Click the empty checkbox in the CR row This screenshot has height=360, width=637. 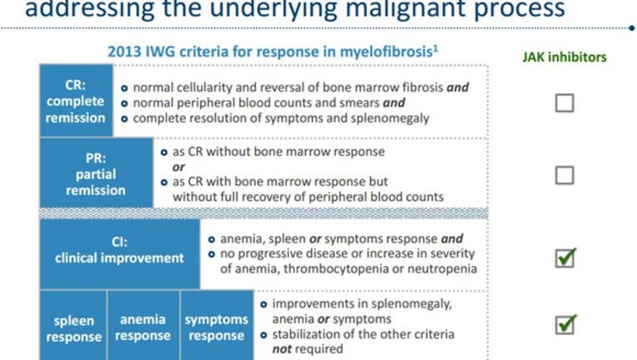564,102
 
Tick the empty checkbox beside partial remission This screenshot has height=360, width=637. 564,175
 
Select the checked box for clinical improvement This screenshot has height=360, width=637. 565,258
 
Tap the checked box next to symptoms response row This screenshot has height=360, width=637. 565,325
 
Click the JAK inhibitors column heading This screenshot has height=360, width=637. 564,57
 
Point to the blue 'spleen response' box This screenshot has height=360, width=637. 73,325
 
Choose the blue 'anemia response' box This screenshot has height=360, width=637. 143,325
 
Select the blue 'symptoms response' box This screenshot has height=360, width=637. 217,325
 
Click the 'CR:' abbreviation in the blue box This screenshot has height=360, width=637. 76,85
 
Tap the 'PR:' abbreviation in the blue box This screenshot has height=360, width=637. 96,158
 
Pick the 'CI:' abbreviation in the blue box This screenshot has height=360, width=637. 119,242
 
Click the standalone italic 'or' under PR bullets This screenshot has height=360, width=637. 178,167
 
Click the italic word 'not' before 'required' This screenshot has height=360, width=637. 282,349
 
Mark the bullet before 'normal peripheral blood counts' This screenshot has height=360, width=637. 124,103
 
